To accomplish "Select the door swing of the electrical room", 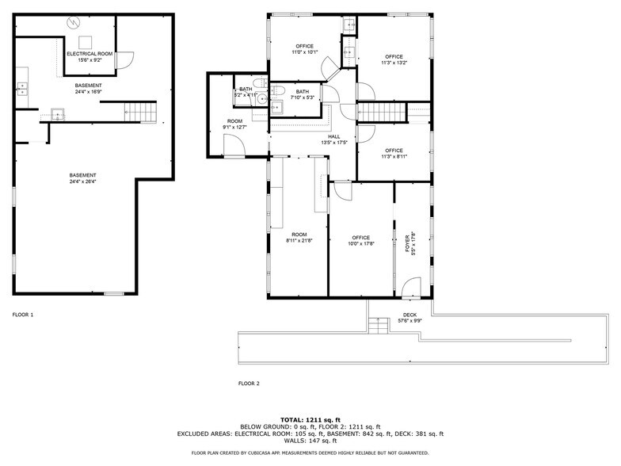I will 126,59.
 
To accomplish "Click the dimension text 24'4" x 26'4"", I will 82,181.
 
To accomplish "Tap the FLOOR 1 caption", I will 23,315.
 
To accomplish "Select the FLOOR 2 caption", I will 249,383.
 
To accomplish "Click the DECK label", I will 410,315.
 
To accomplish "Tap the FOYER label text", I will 408,243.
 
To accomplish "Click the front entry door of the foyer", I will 411,287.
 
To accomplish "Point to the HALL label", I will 335,136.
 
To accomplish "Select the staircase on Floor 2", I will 379,113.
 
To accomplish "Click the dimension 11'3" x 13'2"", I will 394,63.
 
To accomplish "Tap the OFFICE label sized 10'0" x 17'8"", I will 361,237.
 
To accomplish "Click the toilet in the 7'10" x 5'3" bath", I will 280,89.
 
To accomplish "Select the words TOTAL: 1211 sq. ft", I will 310,419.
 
